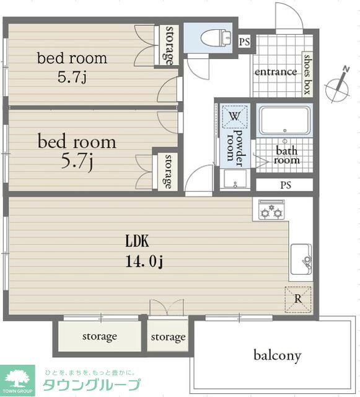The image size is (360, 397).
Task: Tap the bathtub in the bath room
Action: (285, 120)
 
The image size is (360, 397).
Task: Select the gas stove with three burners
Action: (271, 210)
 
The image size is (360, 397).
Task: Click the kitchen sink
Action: (301, 259)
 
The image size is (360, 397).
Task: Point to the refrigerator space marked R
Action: (298, 299)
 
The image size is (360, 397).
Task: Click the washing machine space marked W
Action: (234, 117)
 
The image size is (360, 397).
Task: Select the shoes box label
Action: (307, 74)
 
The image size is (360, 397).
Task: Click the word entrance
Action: (276, 72)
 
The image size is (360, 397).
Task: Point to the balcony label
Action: (278, 355)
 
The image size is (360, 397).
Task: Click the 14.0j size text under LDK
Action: (144, 261)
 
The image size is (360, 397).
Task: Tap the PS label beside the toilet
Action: (244, 42)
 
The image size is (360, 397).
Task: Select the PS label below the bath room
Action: (286, 185)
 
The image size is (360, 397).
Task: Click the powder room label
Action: (234, 148)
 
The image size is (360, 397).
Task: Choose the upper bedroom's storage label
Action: (169, 45)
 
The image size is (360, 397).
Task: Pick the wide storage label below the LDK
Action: (100, 337)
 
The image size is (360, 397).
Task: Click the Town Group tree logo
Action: (17, 379)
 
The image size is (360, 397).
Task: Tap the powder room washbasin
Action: (235, 179)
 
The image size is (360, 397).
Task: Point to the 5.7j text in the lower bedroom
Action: (77, 161)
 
